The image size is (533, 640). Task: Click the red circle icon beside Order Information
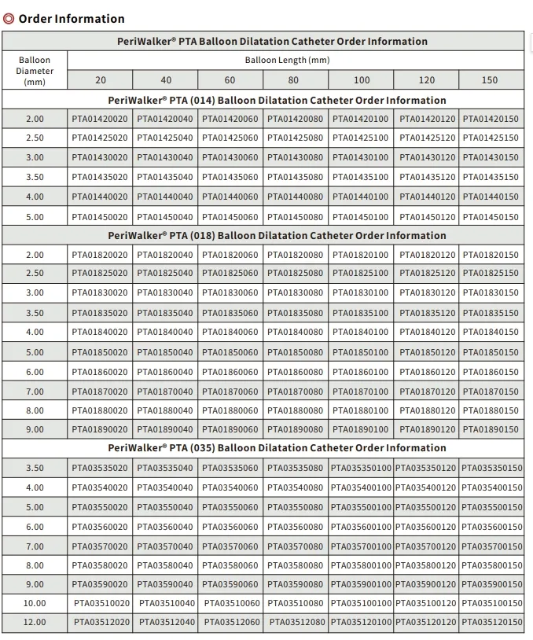(9, 19)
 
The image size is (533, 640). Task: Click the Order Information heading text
(71, 19)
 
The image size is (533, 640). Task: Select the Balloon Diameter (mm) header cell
(35, 70)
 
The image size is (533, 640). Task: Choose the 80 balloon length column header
(295, 80)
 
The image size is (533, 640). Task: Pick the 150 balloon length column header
(490, 80)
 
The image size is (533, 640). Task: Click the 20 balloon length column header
(101, 80)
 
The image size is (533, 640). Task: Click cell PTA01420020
(100, 119)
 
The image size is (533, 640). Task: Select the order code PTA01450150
(491, 217)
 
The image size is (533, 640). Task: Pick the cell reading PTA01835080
(295, 313)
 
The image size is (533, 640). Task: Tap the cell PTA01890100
(360, 430)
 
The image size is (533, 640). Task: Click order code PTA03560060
(230, 528)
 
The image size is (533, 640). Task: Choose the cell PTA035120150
(491, 622)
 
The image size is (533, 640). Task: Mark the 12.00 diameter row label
(35, 622)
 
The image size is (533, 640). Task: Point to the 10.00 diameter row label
(35, 603)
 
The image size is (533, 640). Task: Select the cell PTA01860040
(165, 372)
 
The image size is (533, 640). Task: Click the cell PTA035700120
(425, 546)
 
